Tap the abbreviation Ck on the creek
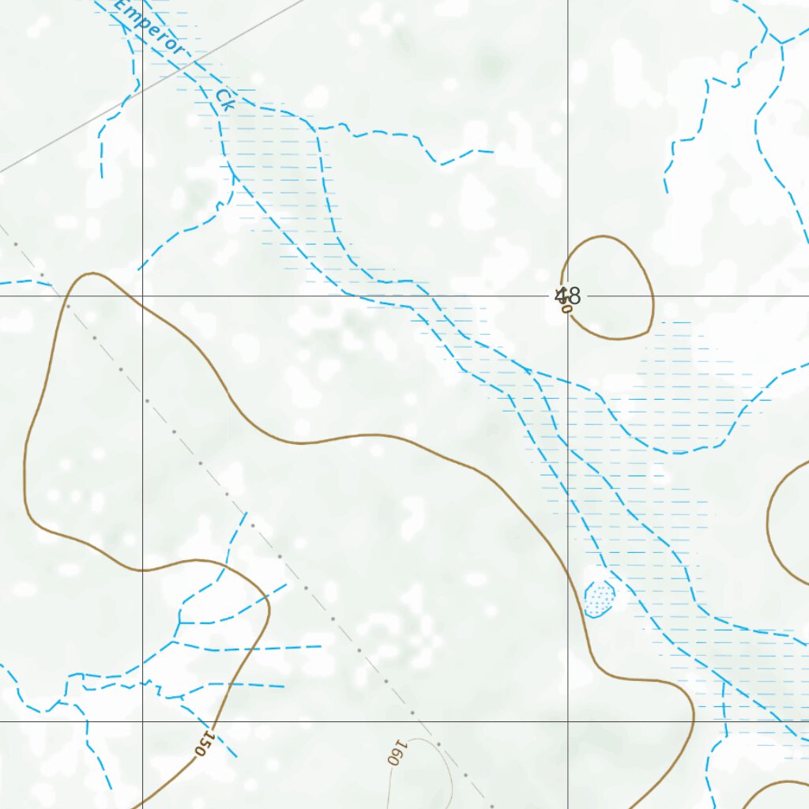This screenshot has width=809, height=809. pos(225,99)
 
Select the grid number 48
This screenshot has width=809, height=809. pos(568,296)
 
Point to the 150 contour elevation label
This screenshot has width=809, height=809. pos(205,742)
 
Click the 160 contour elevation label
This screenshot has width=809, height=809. pos(396,751)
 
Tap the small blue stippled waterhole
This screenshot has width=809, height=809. pos(599,599)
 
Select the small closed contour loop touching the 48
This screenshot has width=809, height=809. pos(653,300)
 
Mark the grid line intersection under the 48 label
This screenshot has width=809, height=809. pos(568,296)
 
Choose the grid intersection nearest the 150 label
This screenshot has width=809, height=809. pos(142,721)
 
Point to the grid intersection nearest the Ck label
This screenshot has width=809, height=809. pos(142,296)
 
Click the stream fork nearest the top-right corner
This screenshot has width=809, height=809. pos(779,42)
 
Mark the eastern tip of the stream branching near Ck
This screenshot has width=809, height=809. pos(493,151)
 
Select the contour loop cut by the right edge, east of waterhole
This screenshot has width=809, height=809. pos(769,514)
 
